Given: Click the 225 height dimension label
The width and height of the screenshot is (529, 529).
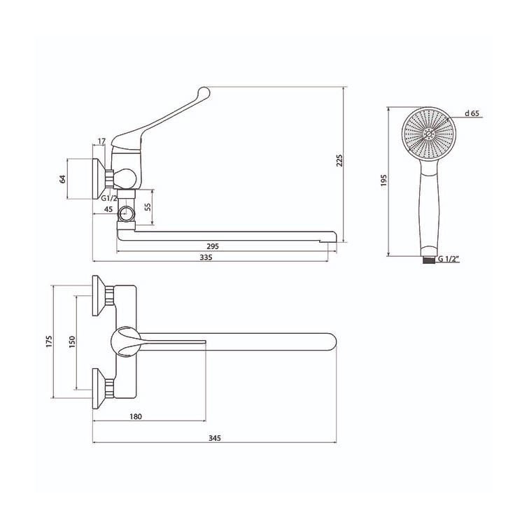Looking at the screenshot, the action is click(339, 160).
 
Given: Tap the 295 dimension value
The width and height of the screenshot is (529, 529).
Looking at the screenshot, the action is click(213, 246).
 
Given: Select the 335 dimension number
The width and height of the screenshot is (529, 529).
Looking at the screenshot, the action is click(206, 258).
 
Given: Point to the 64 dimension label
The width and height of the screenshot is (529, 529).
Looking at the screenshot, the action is click(62, 179).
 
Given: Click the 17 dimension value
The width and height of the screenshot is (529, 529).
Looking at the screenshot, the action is click(102, 141).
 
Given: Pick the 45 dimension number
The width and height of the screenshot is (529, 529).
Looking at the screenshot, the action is click(108, 209).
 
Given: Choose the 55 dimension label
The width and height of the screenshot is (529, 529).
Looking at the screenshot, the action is click(148, 207).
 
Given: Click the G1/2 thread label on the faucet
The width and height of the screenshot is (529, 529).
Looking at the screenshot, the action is click(109, 198).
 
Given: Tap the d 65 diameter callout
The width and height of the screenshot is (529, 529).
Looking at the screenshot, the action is click(472, 113).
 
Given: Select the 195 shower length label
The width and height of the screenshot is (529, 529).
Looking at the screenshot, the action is click(383, 181).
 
